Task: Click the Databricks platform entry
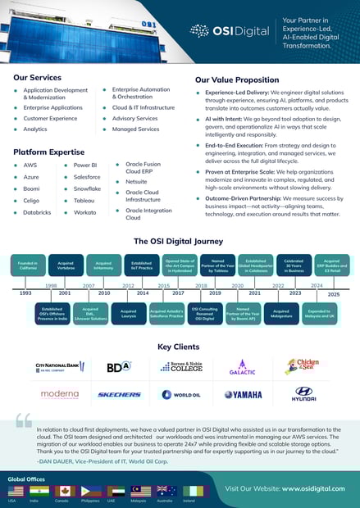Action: (37, 212)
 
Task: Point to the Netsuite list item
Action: (136, 181)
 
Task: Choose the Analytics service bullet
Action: (35, 129)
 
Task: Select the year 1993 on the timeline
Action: (25, 292)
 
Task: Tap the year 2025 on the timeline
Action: (333, 293)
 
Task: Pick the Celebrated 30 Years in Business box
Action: (294, 265)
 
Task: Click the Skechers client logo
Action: (119, 394)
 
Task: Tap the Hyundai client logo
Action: (305, 393)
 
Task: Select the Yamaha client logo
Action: (244, 394)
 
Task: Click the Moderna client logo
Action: (59, 394)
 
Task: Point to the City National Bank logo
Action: (59, 366)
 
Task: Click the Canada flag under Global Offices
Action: (64, 491)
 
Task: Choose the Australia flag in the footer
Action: (166, 491)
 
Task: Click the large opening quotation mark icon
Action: (23, 421)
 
